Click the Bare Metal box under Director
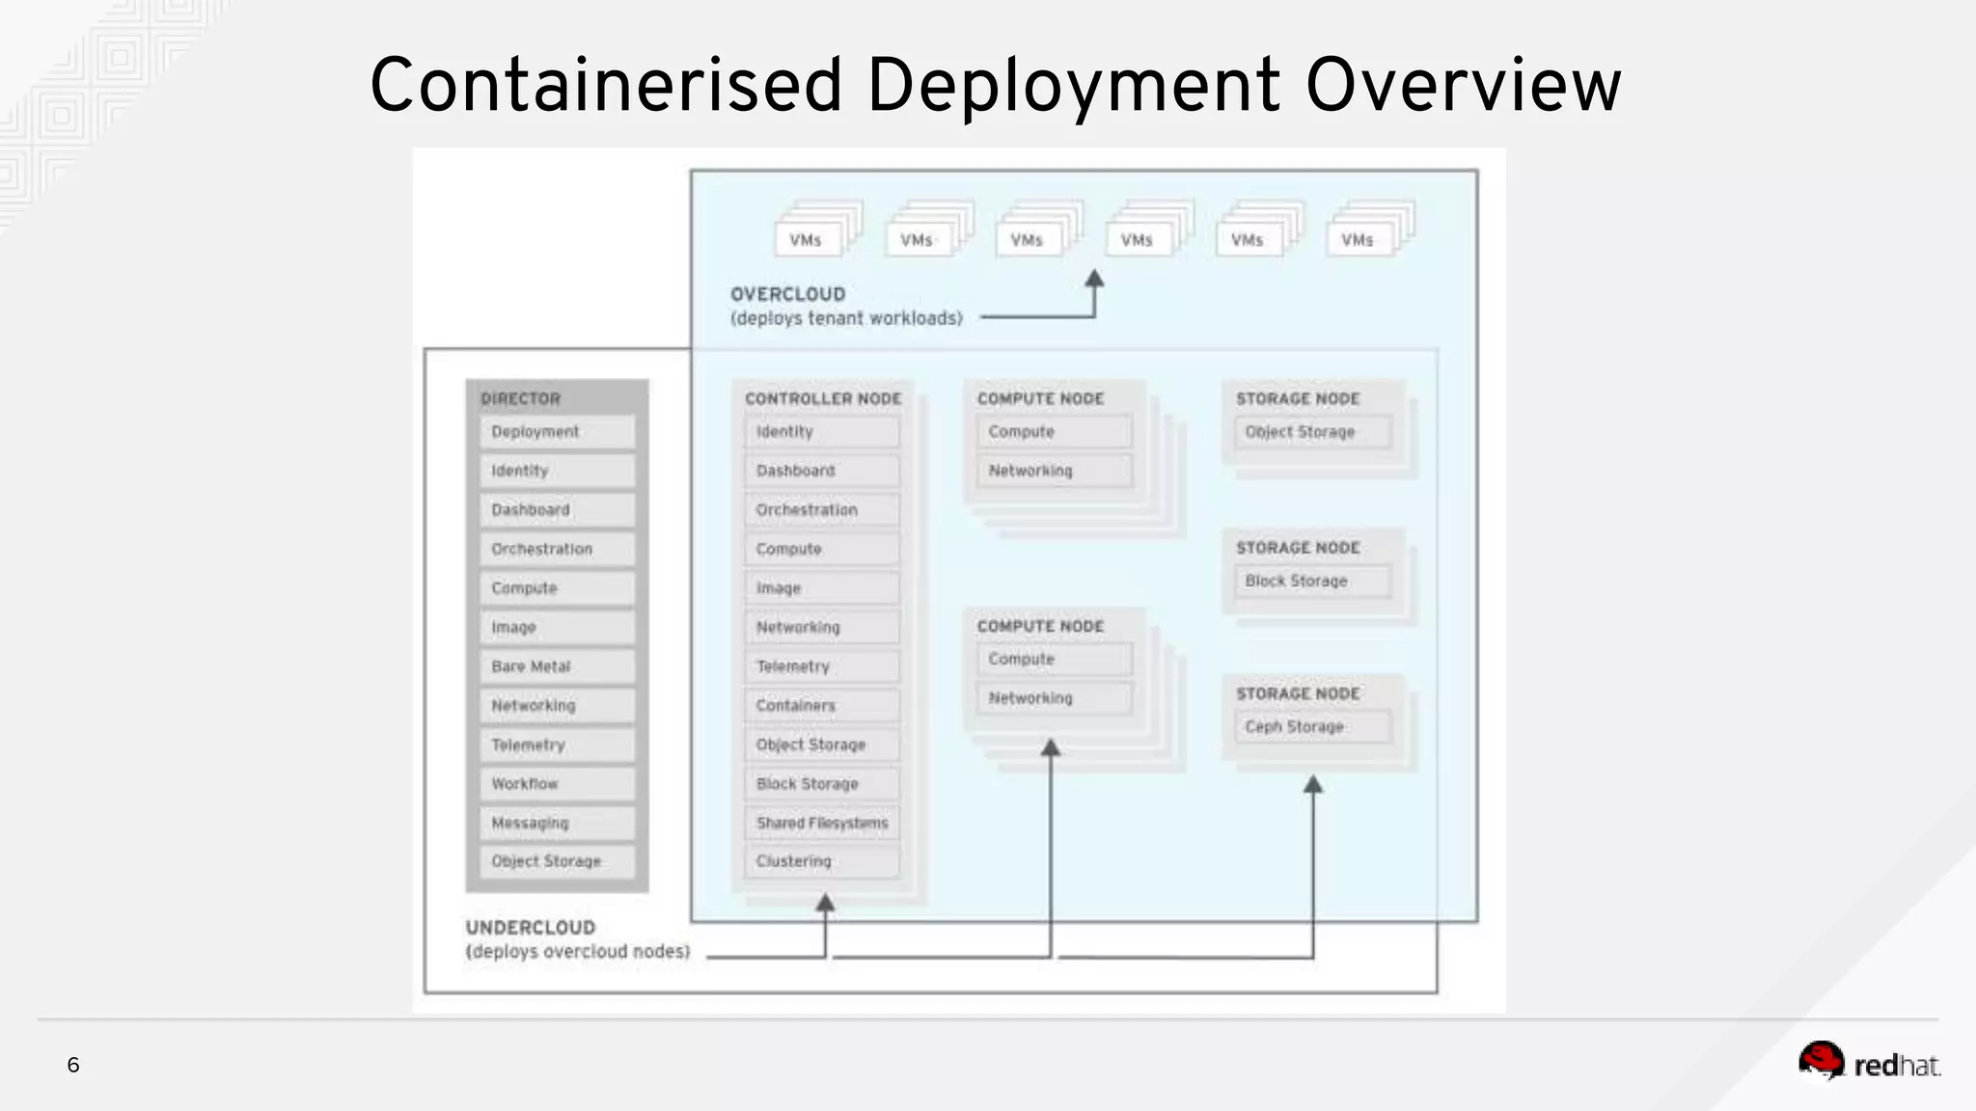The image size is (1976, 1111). [557, 666]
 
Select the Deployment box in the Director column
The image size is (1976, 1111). [557, 432]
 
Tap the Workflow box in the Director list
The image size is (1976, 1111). [557, 784]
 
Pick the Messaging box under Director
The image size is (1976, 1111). [557, 823]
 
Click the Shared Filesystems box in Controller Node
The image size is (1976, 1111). [821, 823]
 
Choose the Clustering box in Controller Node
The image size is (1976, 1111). [821, 861]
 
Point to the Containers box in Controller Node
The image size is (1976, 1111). [821, 706]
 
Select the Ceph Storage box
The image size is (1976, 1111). [1312, 727]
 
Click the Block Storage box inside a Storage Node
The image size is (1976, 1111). [1312, 582]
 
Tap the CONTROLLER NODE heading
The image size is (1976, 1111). [823, 398]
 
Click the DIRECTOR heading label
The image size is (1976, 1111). [521, 398]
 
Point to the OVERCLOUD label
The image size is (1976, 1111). [787, 294]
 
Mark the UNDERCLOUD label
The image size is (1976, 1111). [531, 928]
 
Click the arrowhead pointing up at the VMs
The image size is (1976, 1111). [1094, 279]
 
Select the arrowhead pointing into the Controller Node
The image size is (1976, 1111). [825, 904]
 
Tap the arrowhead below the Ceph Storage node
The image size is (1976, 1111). [1313, 785]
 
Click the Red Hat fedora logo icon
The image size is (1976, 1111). [1821, 1061]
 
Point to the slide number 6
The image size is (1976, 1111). [73, 1065]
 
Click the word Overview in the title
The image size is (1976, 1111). [1463, 86]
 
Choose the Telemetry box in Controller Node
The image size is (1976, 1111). [821, 666]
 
